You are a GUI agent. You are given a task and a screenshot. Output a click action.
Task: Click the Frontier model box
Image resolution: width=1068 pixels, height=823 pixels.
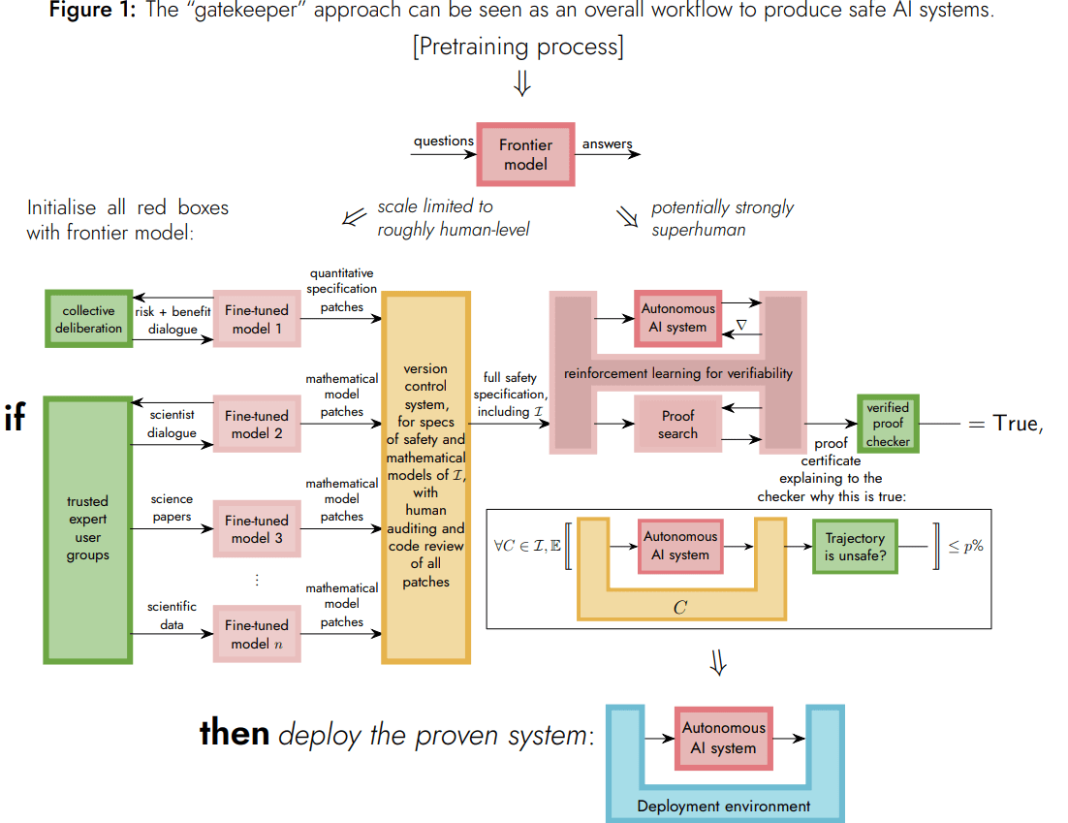525,154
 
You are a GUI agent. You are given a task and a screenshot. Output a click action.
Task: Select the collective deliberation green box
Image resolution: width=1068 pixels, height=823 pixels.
88,319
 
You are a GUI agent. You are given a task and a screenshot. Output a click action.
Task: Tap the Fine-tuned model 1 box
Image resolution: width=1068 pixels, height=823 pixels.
257,319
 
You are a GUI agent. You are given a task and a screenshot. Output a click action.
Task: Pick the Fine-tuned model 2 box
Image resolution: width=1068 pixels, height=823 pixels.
257,425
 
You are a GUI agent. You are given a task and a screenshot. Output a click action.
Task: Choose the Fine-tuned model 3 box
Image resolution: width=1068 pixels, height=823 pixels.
257,529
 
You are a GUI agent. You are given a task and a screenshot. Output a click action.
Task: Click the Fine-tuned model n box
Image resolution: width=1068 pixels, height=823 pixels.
257,634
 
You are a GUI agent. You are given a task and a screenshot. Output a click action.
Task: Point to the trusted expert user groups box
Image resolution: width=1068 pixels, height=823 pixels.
88,529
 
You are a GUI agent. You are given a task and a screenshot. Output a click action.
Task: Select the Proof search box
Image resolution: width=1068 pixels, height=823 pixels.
677,425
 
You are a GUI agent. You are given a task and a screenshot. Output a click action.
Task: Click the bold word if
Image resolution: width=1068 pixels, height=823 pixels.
16,420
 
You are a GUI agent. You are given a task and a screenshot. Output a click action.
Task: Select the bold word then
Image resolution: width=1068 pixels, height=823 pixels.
234,733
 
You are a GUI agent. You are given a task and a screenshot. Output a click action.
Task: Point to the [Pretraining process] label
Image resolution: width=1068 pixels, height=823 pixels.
518,47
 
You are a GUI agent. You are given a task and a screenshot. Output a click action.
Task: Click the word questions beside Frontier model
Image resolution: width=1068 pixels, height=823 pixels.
443,142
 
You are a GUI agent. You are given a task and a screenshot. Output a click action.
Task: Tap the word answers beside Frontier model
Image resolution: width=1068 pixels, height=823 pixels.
607,144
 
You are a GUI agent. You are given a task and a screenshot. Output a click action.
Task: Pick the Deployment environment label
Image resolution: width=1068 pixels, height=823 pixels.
723,806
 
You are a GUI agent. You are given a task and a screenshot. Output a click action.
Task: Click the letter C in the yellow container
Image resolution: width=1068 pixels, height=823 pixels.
680,607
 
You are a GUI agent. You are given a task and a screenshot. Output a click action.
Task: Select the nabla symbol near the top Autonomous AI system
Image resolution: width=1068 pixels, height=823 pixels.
741,326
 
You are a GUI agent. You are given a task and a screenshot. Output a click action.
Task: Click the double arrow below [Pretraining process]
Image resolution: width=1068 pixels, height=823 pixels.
522,84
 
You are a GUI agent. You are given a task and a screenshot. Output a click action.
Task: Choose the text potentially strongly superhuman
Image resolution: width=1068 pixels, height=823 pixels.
722,218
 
